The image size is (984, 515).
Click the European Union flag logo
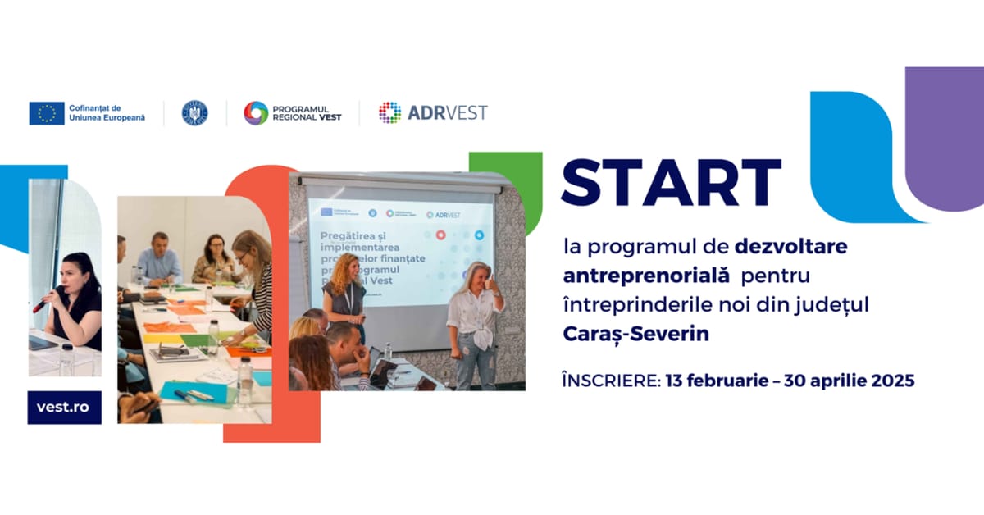coord(47,113)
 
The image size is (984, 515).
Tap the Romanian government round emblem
coord(194,113)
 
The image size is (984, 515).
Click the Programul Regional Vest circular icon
coord(256,113)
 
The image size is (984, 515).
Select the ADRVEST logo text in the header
coord(447,112)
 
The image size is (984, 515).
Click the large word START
coord(671,183)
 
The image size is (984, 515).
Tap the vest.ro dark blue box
coord(65,408)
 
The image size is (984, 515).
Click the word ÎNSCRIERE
coord(611,381)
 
